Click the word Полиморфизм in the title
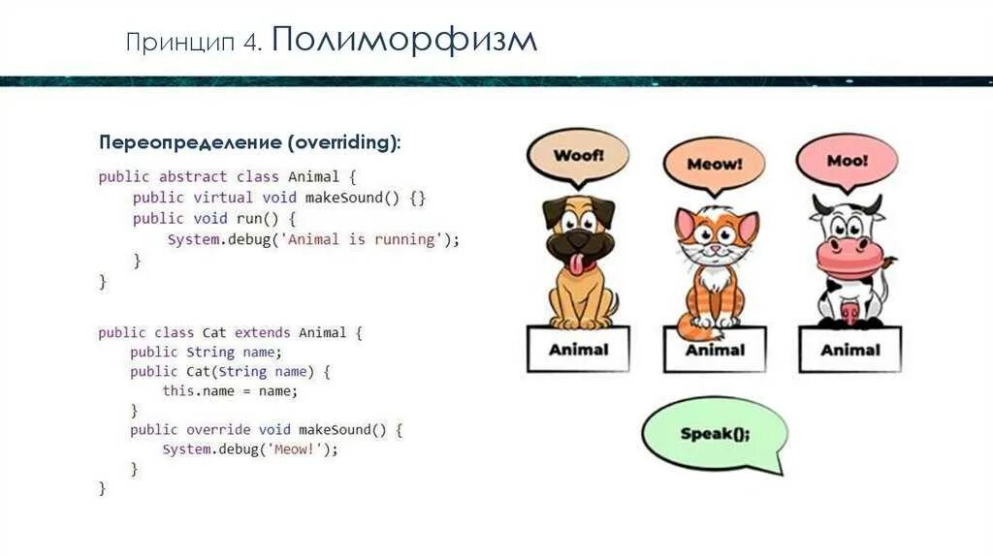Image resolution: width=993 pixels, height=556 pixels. click(x=404, y=41)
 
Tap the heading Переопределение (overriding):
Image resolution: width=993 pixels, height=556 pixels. click(x=249, y=143)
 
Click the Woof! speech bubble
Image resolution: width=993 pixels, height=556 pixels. click(x=578, y=155)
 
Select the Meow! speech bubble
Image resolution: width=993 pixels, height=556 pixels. click(x=714, y=164)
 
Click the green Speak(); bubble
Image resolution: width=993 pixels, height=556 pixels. click(x=714, y=434)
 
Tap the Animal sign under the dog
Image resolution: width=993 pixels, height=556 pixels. click(x=578, y=349)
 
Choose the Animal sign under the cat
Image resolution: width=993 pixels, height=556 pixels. click(x=715, y=350)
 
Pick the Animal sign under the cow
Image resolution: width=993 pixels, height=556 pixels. click(x=849, y=350)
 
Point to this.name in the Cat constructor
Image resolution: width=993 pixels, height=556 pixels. click(x=195, y=391)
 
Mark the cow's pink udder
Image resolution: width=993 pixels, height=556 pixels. click(x=849, y=312)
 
